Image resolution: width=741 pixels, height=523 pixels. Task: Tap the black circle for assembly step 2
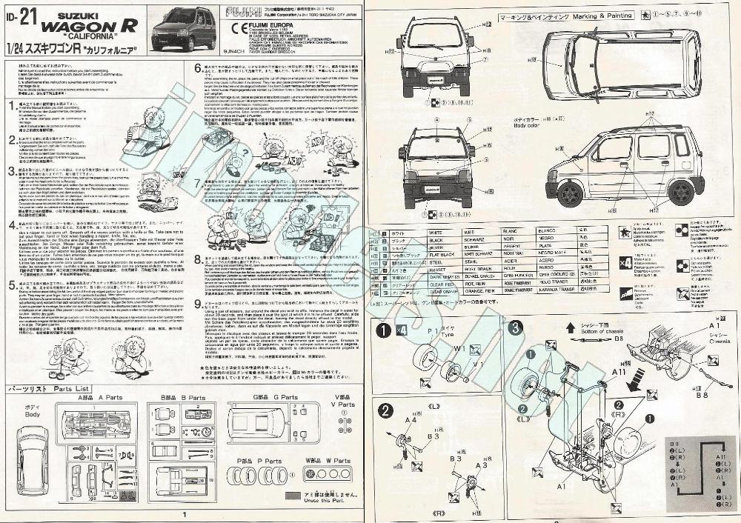click(386, 412)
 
